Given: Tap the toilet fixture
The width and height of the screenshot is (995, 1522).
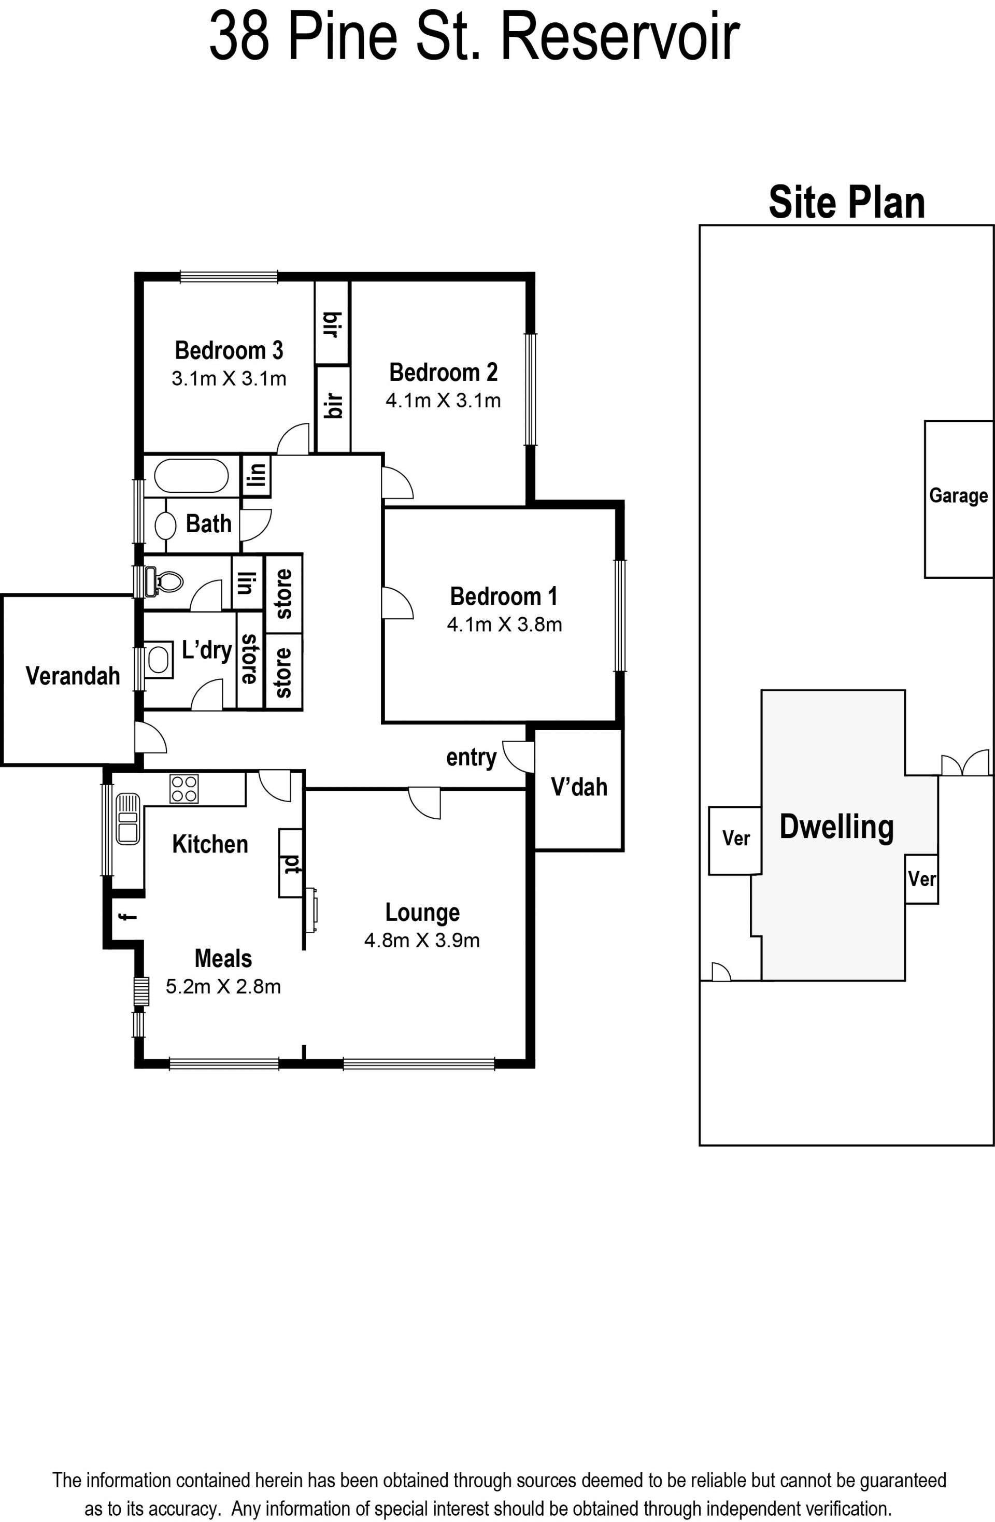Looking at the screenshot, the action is point(164,581).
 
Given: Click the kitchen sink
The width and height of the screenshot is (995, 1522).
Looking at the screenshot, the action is point(128,819).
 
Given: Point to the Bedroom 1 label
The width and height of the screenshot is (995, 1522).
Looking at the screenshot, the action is point(504,596).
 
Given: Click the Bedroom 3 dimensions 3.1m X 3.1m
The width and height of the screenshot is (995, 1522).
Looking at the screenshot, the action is point(229,379).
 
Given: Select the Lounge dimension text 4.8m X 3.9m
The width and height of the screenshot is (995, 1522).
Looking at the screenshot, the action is point(422,940).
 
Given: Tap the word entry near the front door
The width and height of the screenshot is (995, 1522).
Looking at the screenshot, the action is point(471,758).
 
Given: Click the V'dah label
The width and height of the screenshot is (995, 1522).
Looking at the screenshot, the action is point(579,787).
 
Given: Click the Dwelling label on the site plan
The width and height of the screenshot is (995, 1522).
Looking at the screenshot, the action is point(836,828).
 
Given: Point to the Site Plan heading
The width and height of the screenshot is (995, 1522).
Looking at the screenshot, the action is point(847,203).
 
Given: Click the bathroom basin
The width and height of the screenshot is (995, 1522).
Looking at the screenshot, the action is point(166,525).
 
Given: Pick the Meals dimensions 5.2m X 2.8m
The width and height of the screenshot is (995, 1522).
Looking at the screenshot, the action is point(223,986).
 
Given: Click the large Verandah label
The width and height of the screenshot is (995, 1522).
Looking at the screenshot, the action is point(73,676).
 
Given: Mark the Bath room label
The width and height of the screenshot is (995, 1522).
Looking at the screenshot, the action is point(208,524).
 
